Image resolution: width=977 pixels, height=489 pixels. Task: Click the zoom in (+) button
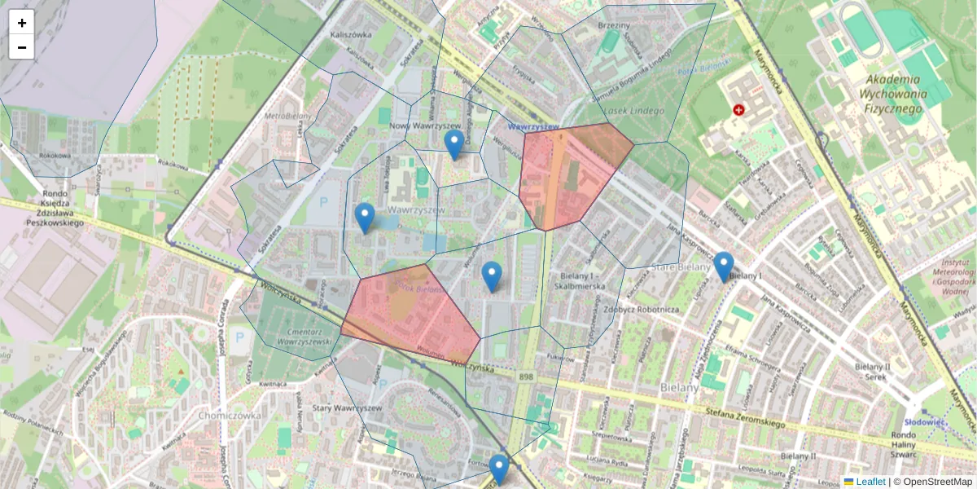point(22,23)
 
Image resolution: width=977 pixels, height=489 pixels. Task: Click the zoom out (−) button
point(22,47)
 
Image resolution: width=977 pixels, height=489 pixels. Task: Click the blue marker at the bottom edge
point(498,470)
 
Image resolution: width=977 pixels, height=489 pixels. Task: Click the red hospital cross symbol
point(739,109)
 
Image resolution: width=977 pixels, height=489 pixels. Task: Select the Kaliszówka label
point(352,35)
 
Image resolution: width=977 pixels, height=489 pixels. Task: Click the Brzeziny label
point(614,26)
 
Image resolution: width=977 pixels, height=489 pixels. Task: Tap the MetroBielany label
point(283,116)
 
